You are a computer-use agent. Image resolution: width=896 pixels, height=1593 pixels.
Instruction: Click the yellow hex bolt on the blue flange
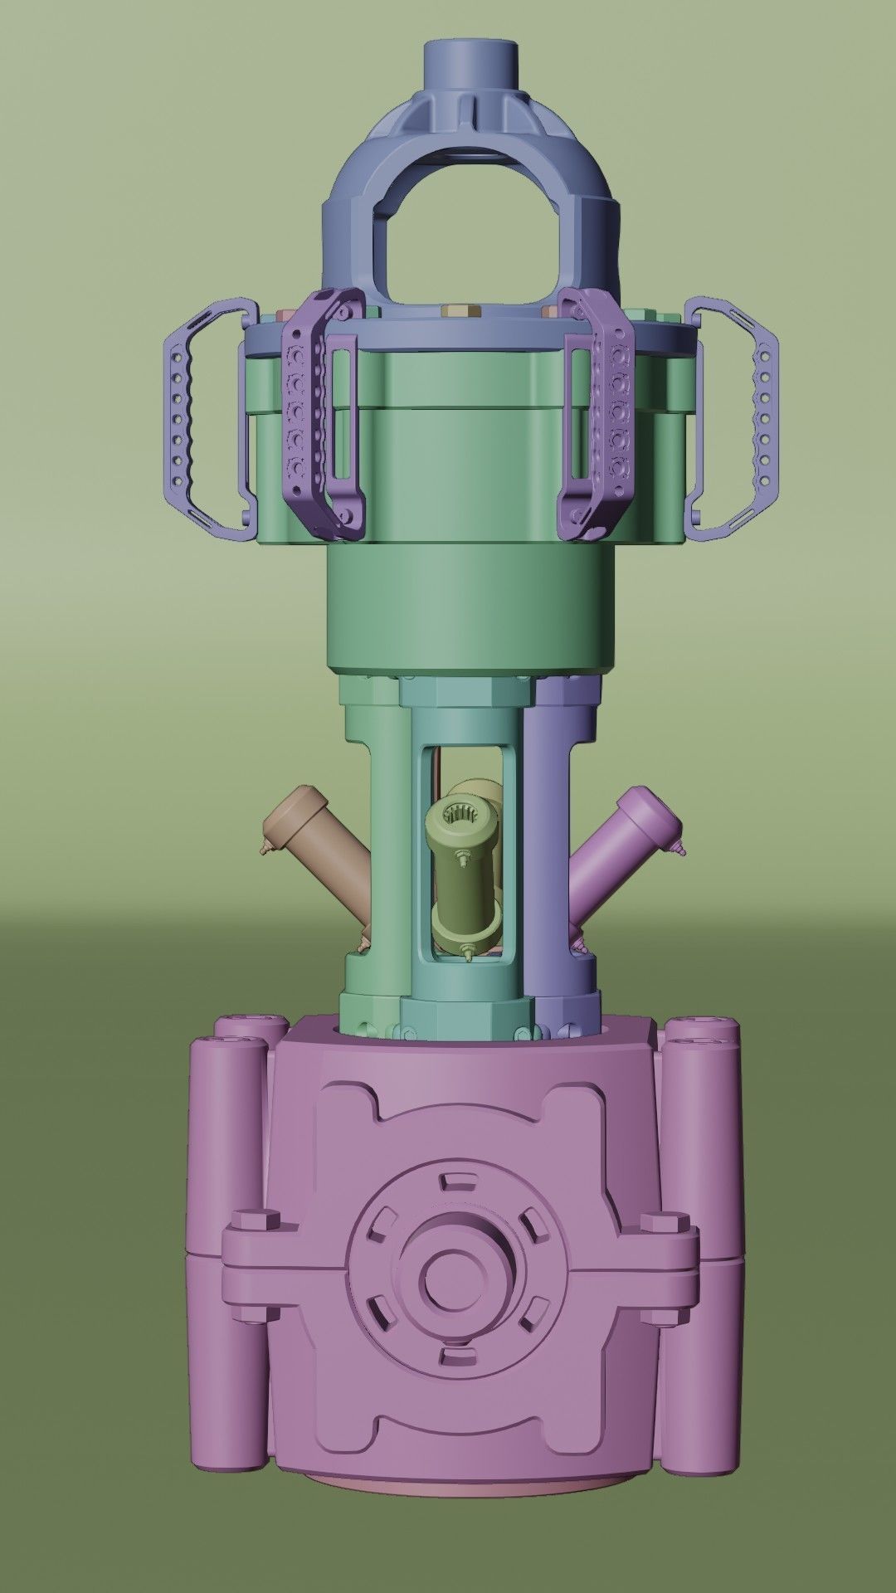[x=455, y=312]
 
